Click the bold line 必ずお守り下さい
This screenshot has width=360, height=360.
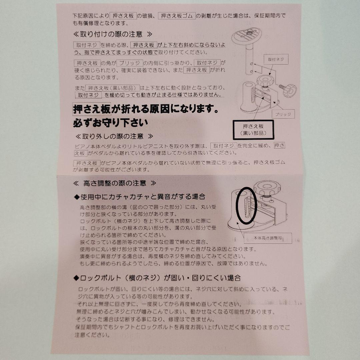(110, 123)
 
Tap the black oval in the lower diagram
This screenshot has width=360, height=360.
(247, 206)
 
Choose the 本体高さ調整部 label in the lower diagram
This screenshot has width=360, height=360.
(268, 238)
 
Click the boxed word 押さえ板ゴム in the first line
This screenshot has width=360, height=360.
(177, 16)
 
